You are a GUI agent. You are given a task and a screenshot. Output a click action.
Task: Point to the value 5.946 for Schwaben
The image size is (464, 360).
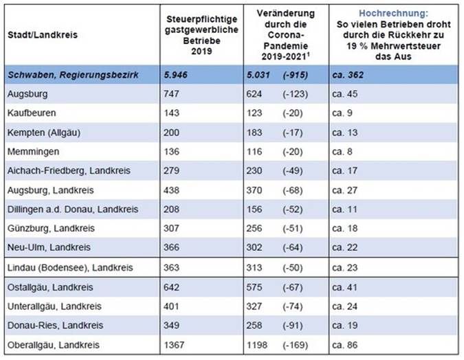pyautogui.click(x=179, y=74)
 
